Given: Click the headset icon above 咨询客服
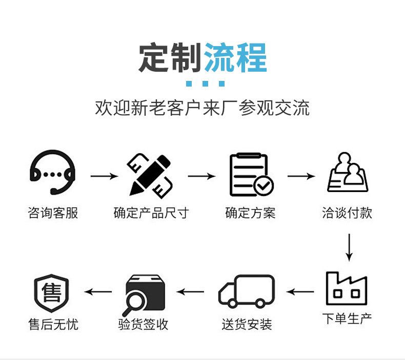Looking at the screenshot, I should (53, 173).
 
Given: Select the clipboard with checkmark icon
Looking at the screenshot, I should (251, 175).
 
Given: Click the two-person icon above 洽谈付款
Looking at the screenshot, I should (348, 173).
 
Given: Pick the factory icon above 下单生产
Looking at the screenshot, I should (347, 288).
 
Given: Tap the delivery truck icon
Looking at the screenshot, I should (247, 291).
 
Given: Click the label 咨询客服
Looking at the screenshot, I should (53, 213).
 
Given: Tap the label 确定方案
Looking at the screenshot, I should (251, 213).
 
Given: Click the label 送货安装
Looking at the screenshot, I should (247, 324).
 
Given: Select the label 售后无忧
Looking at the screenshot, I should (53, 324).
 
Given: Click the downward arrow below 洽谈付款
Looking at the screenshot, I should (349, 247).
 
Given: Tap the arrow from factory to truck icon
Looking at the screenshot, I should (300, 292).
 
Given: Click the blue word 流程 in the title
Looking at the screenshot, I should (236, 58).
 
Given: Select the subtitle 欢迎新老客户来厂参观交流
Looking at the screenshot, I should (202, 109).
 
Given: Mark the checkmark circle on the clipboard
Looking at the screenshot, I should (265, 185).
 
